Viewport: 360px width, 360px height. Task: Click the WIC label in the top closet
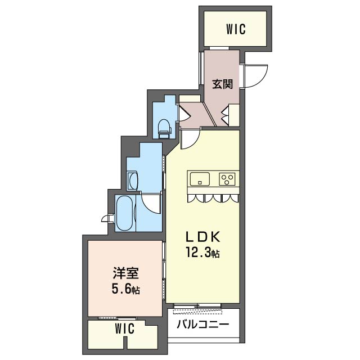click(x=236, y=30)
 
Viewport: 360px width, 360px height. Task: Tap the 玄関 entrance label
click(x=222, y=84)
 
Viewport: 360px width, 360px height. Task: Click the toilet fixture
click(x=164, y=128)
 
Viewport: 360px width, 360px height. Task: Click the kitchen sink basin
click(x=199, y=179)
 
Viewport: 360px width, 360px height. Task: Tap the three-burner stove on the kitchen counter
click(x=227, y=179)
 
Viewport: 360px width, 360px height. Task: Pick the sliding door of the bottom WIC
click(x=117, y=318)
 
